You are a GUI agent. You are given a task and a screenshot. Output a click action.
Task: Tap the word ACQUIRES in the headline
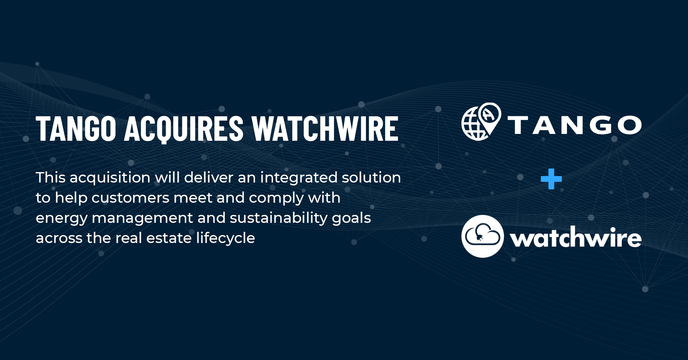pos(184,129)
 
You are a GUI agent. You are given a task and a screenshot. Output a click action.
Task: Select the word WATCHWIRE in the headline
pos(325,129)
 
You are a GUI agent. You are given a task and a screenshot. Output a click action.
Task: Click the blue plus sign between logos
pos(551,179)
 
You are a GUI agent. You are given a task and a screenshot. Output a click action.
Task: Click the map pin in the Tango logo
pos(490,116)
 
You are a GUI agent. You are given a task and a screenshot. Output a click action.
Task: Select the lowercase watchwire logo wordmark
pos(576,238)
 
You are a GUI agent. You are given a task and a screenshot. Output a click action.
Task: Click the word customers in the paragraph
pos(130,198)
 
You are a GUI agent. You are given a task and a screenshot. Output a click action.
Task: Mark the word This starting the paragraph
pos(50,177)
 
